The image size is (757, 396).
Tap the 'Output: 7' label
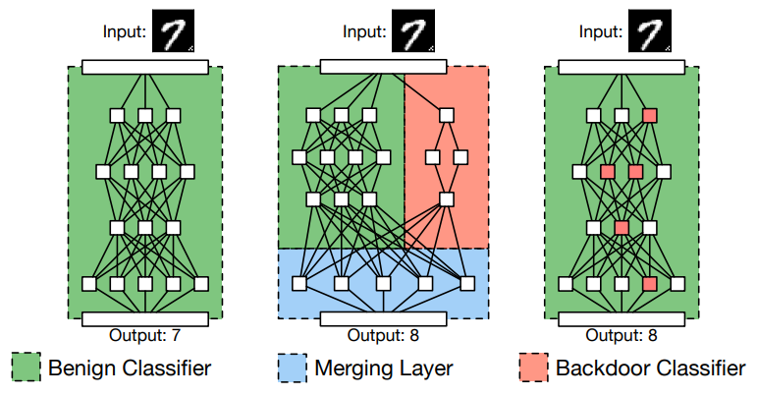pos(145,336)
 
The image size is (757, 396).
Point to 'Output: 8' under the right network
pos(622,336)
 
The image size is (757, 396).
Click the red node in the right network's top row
pos(649,115)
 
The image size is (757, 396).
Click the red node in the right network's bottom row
pos(649,284)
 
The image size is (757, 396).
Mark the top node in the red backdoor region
pos(447,115)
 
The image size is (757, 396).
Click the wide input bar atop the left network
pos(145,67)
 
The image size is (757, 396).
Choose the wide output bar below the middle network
pos(384,318)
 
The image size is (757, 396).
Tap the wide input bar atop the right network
pos(622,67)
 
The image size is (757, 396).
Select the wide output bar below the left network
pos(145,318)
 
